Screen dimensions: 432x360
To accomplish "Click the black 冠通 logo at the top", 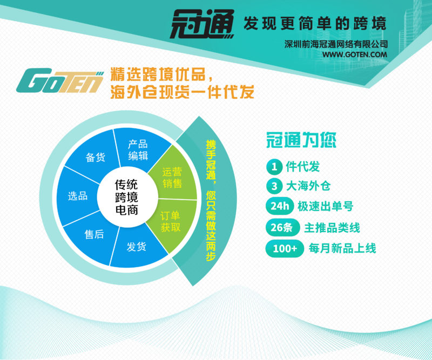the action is point(202,24).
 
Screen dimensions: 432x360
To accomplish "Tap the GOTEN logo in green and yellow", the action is point(60,81).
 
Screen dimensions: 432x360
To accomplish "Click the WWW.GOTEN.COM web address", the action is point(355,55).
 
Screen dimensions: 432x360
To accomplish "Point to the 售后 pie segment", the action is point(92,237).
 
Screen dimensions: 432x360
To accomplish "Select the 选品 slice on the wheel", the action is point(77,196).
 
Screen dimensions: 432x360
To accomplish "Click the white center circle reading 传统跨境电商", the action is point(127,197).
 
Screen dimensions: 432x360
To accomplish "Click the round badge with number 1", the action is point(274,167).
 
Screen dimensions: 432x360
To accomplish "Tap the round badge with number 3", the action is point(274,186).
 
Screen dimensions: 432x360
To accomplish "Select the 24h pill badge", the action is point(279,206).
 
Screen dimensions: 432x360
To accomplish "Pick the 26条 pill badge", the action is point(282,228).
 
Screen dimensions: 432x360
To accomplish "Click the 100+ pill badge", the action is point(285,249).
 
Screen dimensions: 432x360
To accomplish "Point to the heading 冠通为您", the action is point(301,140).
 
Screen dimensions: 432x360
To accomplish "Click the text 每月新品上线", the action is point(342,248).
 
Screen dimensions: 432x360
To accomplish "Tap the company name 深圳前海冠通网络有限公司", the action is point(336,44).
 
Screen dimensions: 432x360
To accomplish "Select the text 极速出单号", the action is point(326,206).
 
